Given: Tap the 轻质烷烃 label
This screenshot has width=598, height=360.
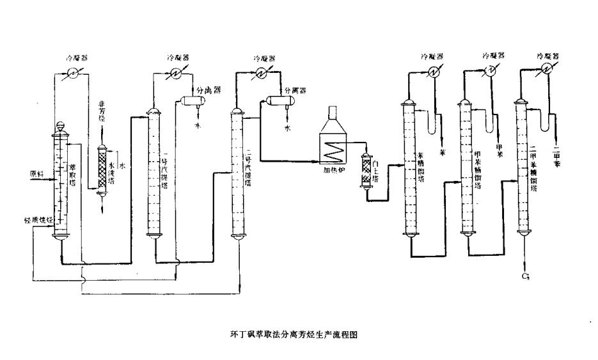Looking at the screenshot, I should [x=37, y=220].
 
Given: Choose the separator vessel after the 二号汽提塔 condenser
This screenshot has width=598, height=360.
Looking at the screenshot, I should [x=278, y=100].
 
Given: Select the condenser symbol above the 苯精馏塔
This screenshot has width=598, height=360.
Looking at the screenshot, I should [x=432, y=73].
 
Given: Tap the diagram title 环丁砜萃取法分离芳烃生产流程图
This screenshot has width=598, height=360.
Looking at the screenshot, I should [x=299, y=334].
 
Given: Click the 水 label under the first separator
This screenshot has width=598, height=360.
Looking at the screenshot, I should [x=198, y=125].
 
